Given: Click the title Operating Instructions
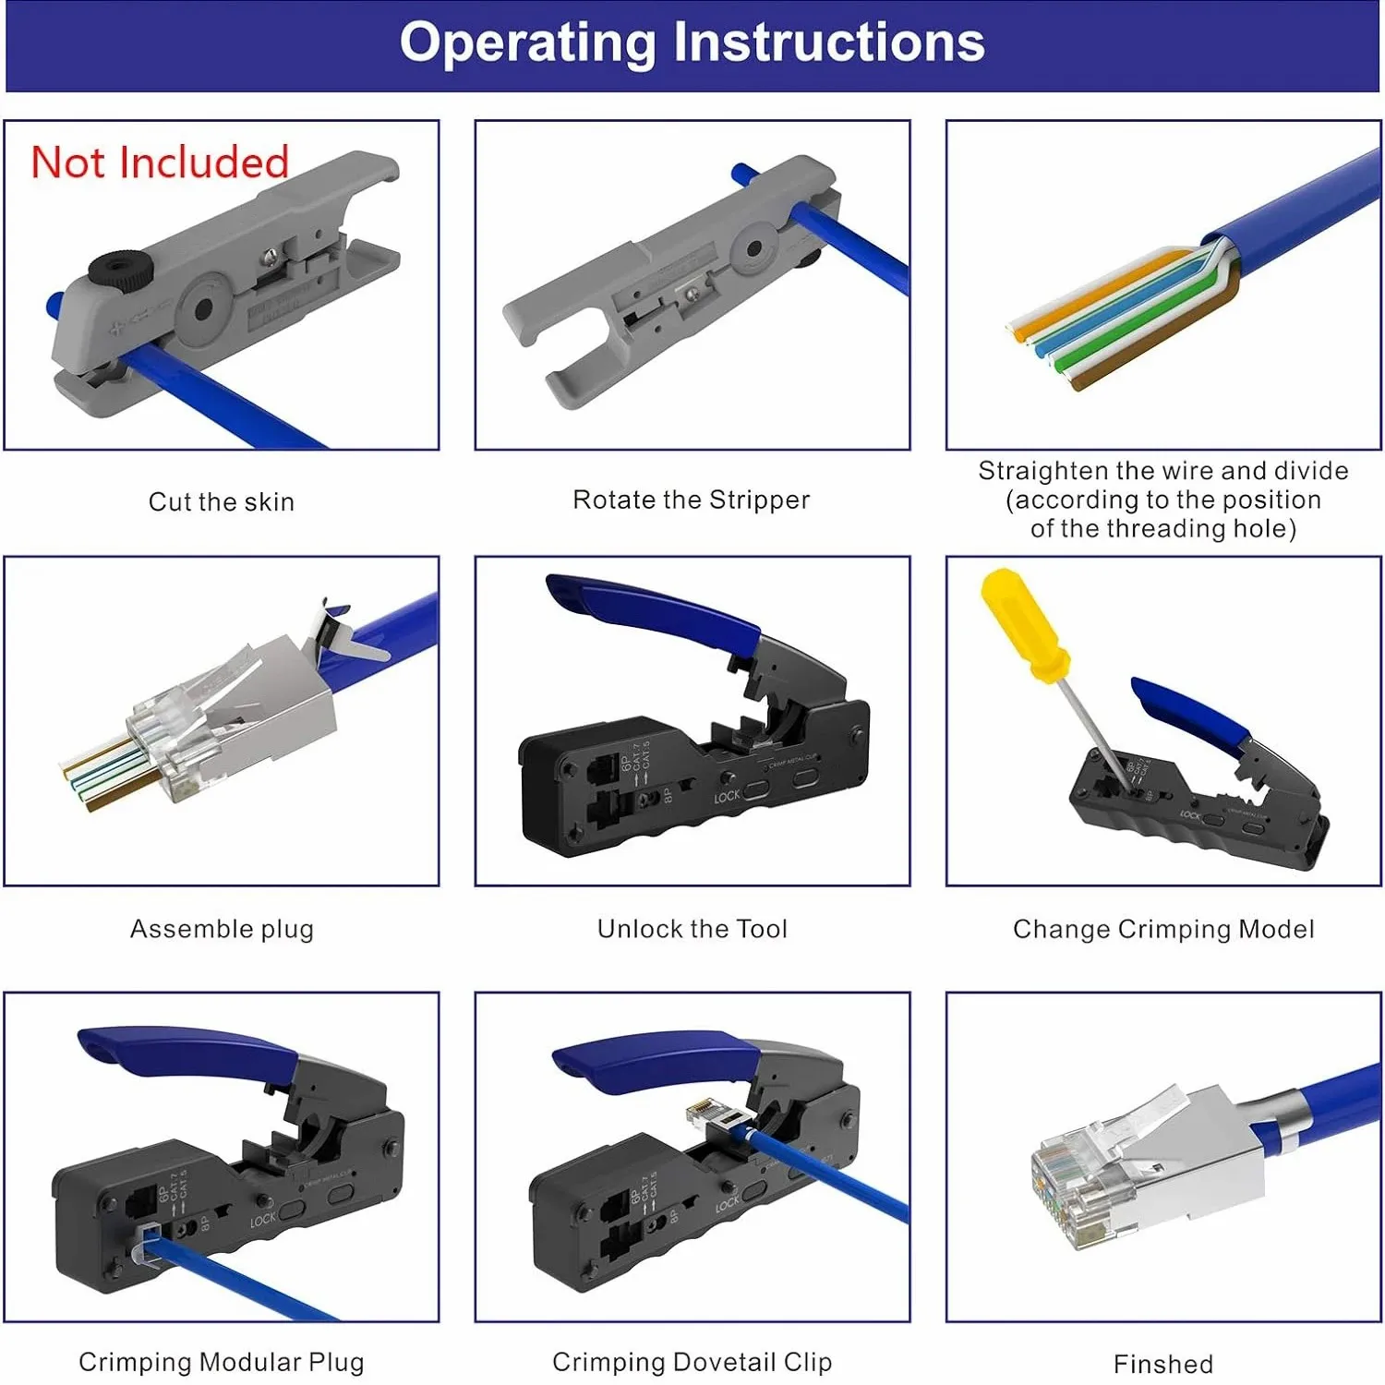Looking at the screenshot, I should click(692, 42).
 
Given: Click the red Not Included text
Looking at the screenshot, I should click(160, 163).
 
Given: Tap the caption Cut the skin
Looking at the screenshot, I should click(222, 502).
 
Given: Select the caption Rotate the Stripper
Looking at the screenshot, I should click(691, 500).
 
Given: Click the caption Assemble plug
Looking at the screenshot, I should click(222, 929).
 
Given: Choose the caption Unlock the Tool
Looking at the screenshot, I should click(692, 929).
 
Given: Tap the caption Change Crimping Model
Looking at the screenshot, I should click(1163, 929).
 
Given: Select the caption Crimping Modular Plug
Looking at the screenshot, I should click(222, 1362).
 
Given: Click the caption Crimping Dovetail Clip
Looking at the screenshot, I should click(692, 1362).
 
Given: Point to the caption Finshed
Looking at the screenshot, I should click(1163, 1364).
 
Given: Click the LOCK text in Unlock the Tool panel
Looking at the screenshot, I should click(727, 796).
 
